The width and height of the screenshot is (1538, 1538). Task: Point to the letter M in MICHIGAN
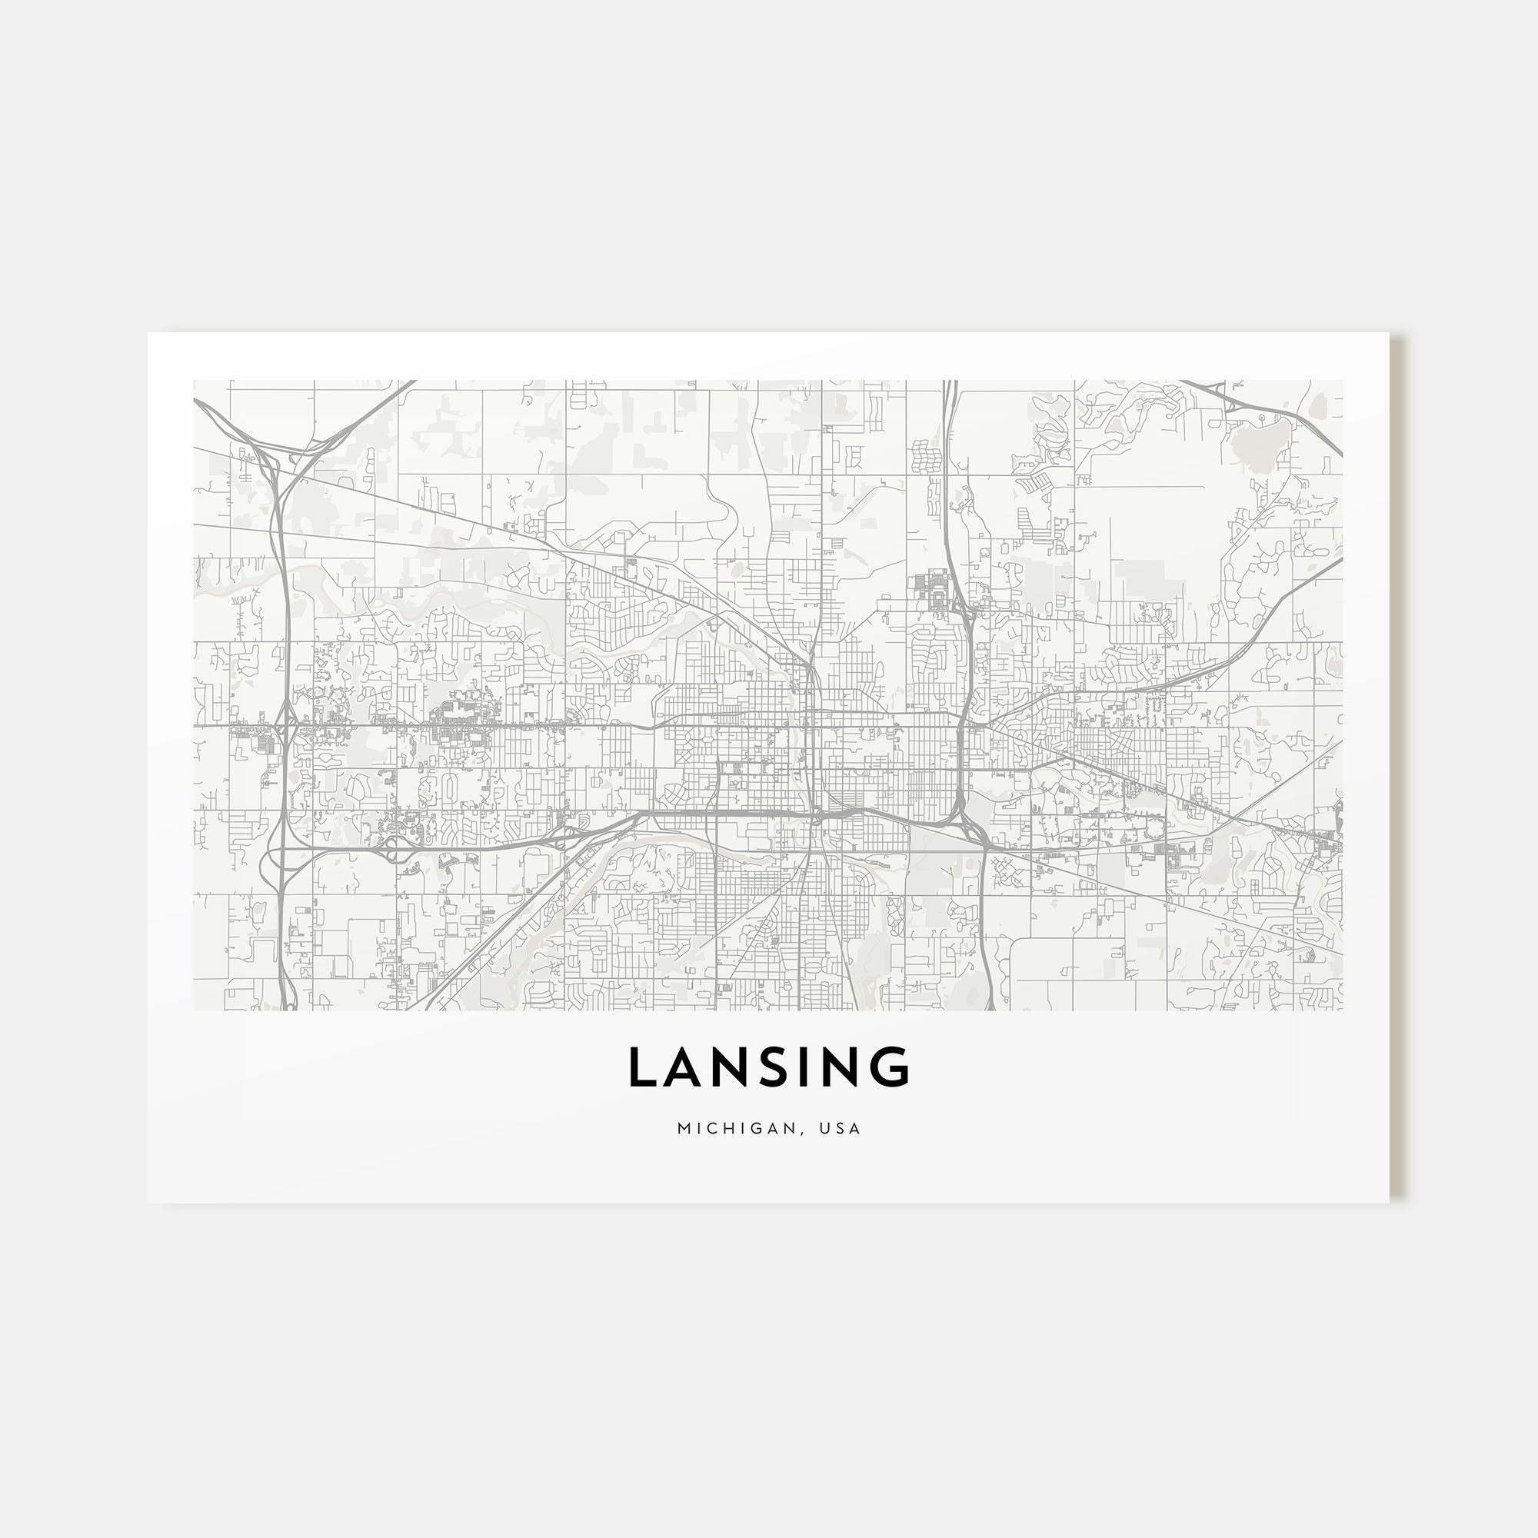click(683, 1128)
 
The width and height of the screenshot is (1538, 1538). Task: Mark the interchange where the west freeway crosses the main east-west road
click(282, 725)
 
